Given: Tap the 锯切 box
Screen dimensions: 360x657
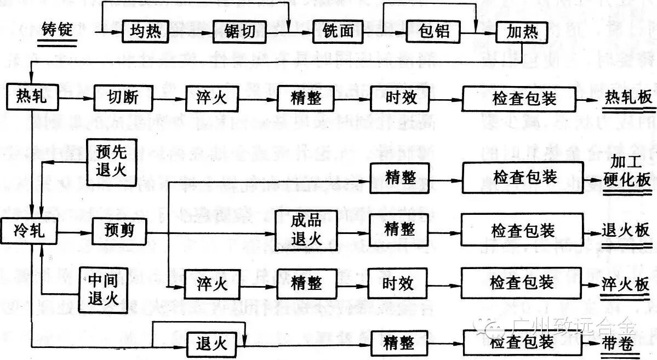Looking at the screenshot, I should [239, 32].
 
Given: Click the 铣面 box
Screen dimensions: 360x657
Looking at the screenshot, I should [340, 32].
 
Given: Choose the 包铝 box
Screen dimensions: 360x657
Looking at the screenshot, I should [433, 32].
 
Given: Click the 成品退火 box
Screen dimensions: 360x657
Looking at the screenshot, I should [306, 230].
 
